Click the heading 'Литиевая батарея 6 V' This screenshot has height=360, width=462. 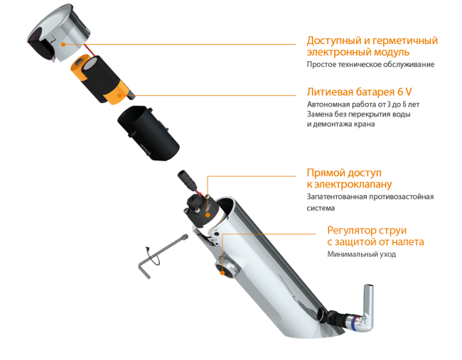pos(359,92)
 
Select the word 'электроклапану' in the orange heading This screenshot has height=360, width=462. pos(353,185)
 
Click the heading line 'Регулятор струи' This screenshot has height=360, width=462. pos(367,230)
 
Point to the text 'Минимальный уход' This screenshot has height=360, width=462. pos(362,254)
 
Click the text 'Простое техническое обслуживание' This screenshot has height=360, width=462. pos(370,64)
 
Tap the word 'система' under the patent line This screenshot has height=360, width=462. pos(321,208)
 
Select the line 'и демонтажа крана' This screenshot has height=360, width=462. pos(340,124)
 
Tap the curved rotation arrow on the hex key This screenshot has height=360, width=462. pos(153,256)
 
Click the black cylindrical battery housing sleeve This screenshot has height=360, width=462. pos(149,133)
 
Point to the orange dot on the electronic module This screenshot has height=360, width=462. pos(63,45)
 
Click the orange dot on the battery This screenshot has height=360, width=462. pos(119,95)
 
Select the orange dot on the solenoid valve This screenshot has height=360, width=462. pos(208,215)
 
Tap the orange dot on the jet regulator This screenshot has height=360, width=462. pos(222,273)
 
